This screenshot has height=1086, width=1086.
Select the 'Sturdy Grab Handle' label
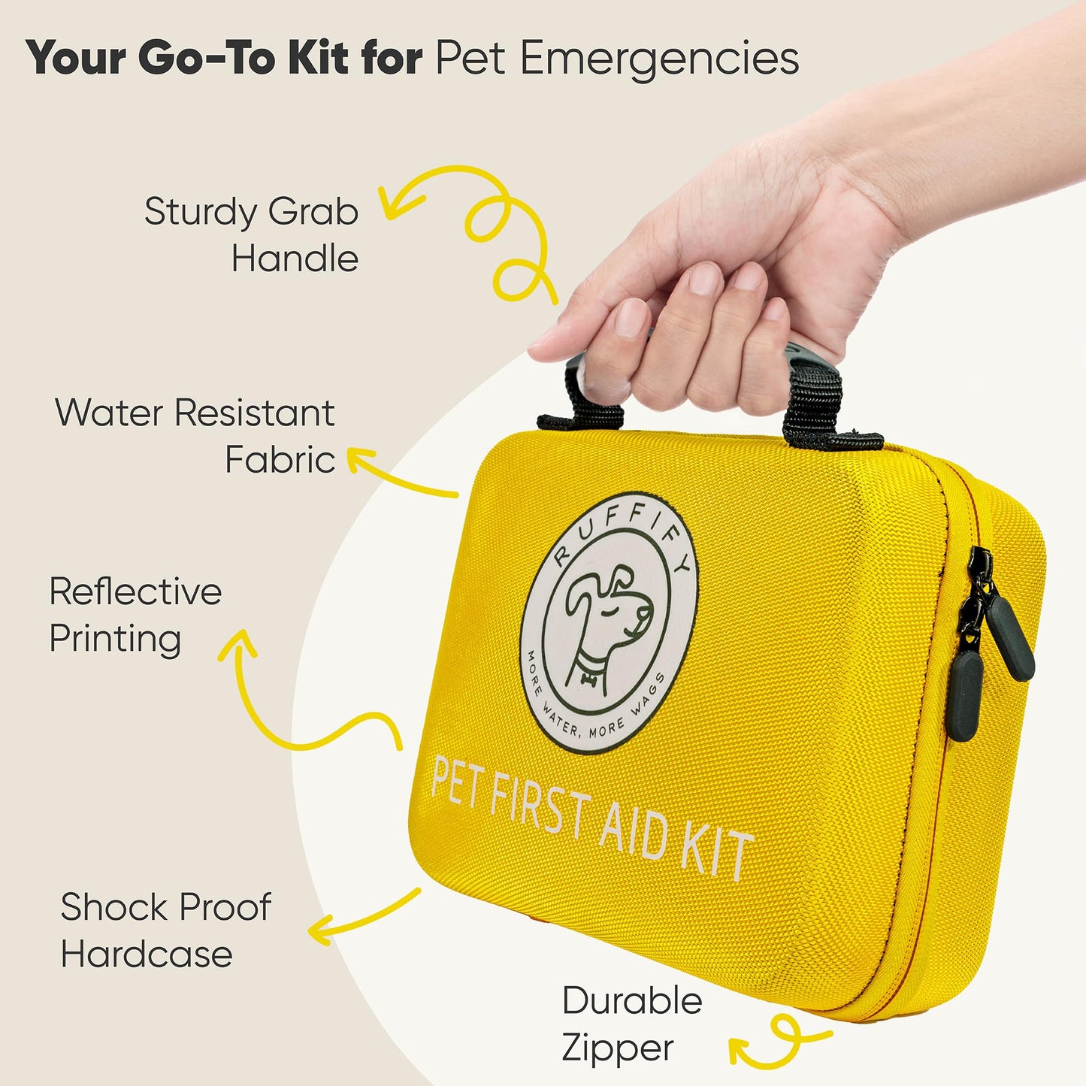(251, 235)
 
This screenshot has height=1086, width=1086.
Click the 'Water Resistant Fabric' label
(195, 436)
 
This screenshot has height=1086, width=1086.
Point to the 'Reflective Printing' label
(136, 616)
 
